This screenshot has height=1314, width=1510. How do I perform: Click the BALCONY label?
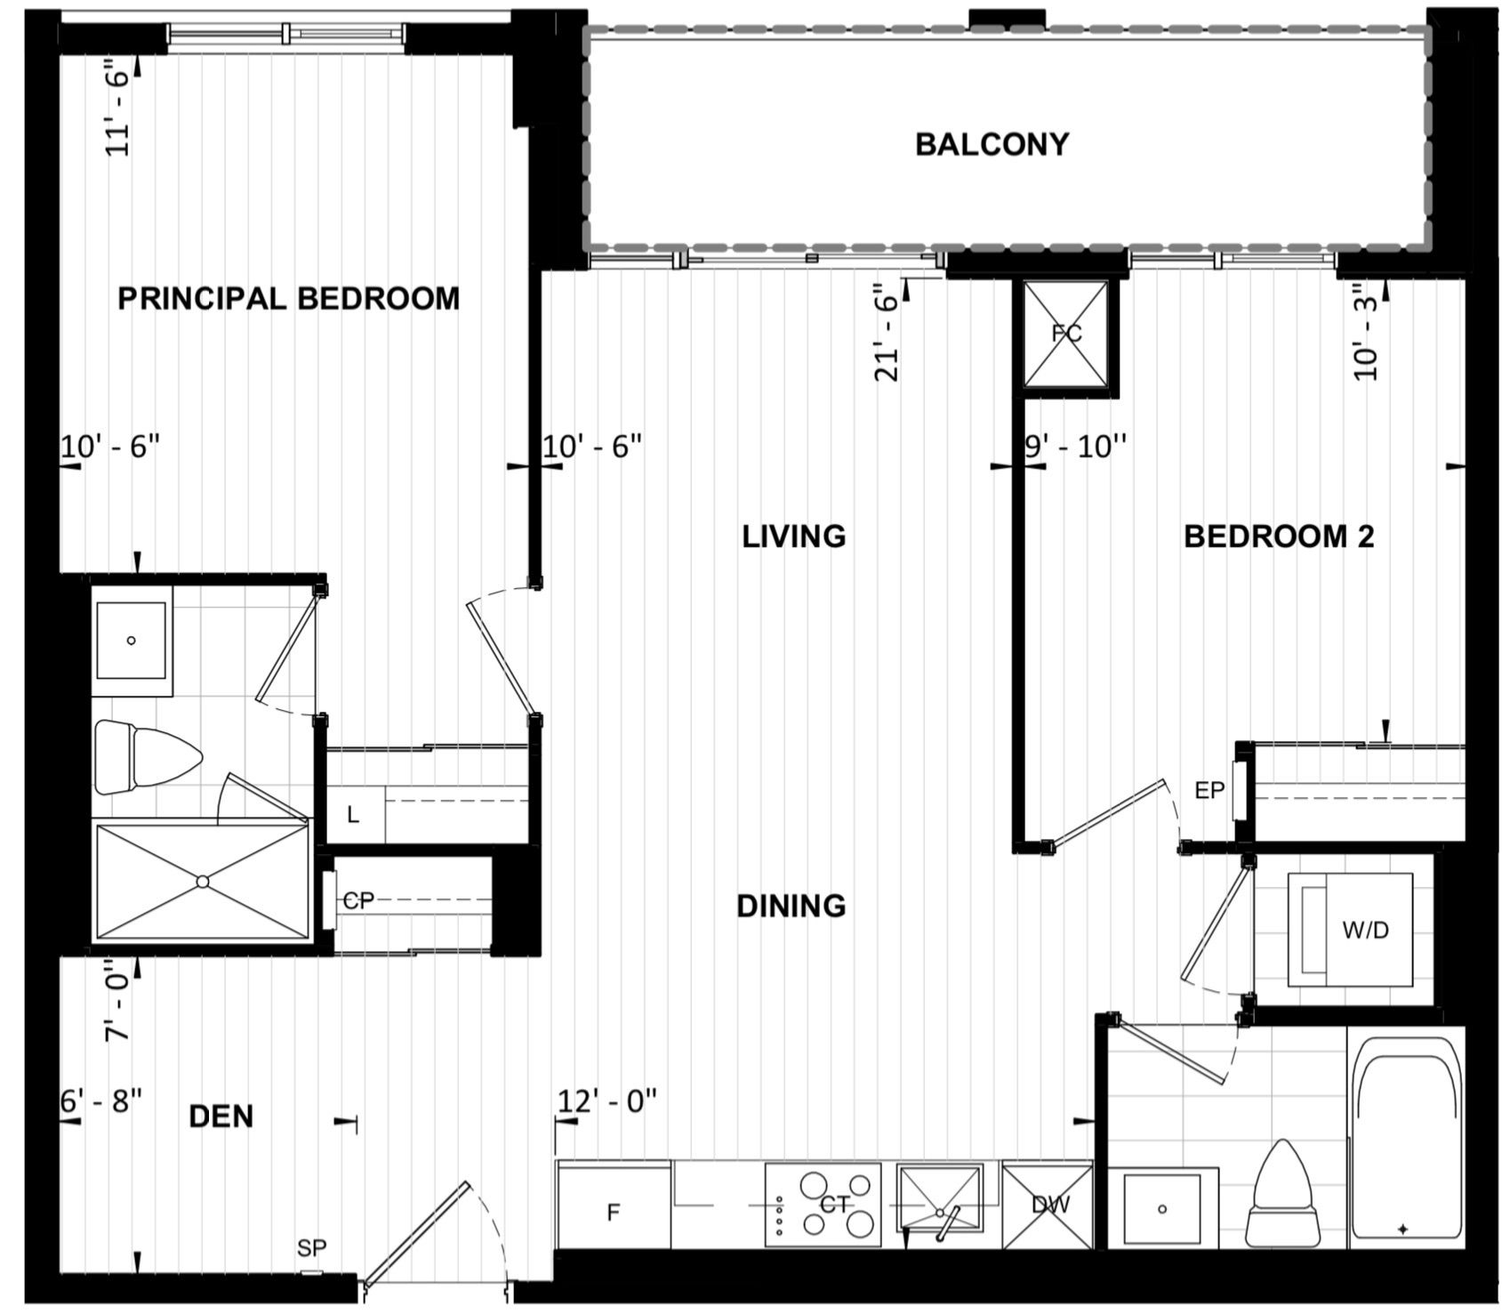point(992,144)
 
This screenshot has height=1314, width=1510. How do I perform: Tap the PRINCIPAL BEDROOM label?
point(289,298)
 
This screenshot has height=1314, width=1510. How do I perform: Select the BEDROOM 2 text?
point(1279,536)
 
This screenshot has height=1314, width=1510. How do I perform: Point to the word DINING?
point(791,906)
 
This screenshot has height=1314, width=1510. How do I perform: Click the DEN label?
point(221,1116)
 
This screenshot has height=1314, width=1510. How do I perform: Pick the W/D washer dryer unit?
point(1350,930)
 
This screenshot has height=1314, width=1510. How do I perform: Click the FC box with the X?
point(1066,335)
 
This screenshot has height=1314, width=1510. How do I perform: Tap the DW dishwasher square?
point(1048,1205)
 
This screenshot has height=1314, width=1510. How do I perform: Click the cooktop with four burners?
point(823,1205)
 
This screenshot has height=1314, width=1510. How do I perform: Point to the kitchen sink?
point(941,1199)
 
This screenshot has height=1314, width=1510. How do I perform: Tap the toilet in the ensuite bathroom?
point(148,758)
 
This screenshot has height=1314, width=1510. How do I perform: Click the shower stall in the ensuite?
point(203,881)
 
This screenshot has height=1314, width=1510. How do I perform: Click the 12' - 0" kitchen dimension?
point(607,1100)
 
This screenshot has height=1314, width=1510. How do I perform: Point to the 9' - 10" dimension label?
point(1076,446)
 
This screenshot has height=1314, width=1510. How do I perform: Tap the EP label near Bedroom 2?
point(1209,790)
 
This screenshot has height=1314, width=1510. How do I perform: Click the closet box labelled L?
point(353,814)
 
